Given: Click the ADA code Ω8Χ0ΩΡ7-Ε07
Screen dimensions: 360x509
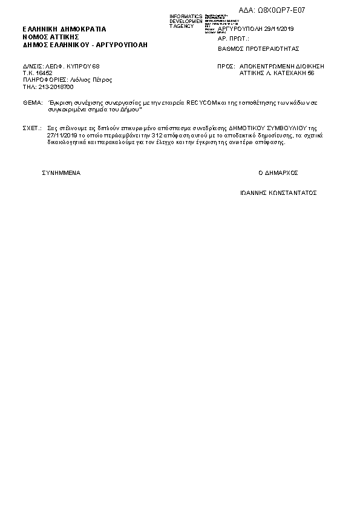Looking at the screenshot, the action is pyautogui.click(x=286, y=10).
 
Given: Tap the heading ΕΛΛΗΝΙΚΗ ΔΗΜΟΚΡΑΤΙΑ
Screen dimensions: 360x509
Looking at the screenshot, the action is pyautogui.click(x=64, y=28).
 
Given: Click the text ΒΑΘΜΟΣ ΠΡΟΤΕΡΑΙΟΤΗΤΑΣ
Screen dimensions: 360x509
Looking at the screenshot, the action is pyautogui.click(x=258, y=48).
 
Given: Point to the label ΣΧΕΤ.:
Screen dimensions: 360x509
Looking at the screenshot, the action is pyautogui.click(x=32, y=129).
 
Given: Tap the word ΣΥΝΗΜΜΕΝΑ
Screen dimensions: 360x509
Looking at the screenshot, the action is pyautogui.click(x=61, y=172).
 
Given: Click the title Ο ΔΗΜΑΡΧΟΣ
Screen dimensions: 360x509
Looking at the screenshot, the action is pyautogui.click(x=278, y=172).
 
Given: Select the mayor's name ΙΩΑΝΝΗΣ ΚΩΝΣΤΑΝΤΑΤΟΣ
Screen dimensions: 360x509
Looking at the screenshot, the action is pyautogui.click(x=278, y=193).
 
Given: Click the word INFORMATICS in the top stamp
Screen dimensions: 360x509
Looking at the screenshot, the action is pyautogui.click(x=186, y=16).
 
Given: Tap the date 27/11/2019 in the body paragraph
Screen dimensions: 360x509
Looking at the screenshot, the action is pyautogui.click(x=62, y=136).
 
